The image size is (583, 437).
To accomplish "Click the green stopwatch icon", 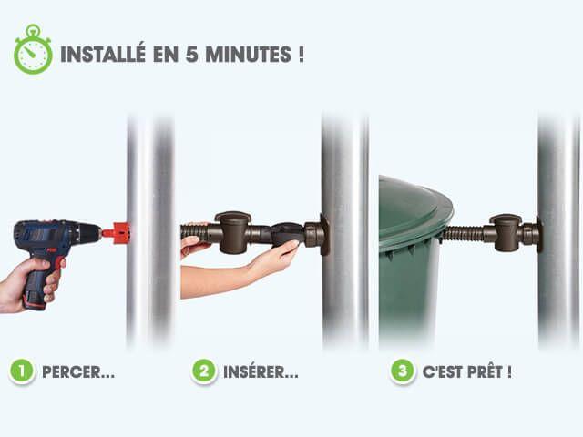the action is tap(33, 50).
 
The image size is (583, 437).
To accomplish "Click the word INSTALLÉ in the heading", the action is tap(103, 54).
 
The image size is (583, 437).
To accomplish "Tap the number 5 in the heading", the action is tap(191, 55).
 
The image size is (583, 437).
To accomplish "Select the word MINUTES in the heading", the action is tap(248, 55).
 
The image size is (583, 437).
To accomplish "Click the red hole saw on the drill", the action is tap(117, 233).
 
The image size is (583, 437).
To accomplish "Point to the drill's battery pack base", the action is tap(35, 300).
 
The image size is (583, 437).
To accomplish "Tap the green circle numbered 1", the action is tap(22, 371).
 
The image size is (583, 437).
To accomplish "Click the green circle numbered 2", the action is tap(204, 371).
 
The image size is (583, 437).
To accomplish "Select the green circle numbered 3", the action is tap(402, 371).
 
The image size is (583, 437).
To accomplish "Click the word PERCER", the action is tap(78, 372).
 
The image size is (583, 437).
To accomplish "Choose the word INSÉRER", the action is tap(261, 371).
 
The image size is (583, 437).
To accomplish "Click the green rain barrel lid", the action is tap(415, 209).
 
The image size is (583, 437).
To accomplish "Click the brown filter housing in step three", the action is tap(507, 232).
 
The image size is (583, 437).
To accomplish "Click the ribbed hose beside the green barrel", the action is tap(462, 234).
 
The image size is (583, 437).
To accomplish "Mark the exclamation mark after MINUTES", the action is tap(301, 55).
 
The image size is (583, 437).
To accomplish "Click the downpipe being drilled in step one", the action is tap(149, 230).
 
